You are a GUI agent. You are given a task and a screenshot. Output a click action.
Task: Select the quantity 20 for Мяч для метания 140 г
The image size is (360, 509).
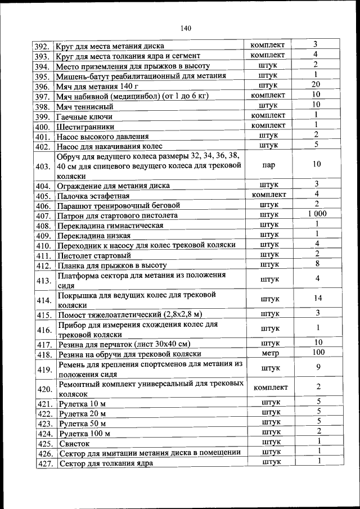coord(316,84)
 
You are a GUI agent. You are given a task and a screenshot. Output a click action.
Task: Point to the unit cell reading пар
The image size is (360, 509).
coord(268,166)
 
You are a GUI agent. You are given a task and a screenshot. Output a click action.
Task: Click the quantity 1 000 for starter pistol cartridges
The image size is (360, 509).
coord(317,214)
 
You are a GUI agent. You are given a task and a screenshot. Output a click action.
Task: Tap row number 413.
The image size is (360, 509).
coord(43,281)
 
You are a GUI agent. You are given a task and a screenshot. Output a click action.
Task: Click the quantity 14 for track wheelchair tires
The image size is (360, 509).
coord(318,299)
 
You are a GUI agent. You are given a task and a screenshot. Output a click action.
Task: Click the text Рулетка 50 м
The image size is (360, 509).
coord(82,423)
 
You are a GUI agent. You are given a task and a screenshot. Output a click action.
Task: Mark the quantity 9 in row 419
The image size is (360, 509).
coord(318,367)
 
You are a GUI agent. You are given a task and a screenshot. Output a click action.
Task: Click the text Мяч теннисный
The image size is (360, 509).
coord(85,106)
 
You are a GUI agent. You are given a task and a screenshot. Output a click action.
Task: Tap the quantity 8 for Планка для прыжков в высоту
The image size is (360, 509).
coord(318,263)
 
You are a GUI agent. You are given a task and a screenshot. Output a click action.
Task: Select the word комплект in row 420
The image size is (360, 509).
coord(271,388)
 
